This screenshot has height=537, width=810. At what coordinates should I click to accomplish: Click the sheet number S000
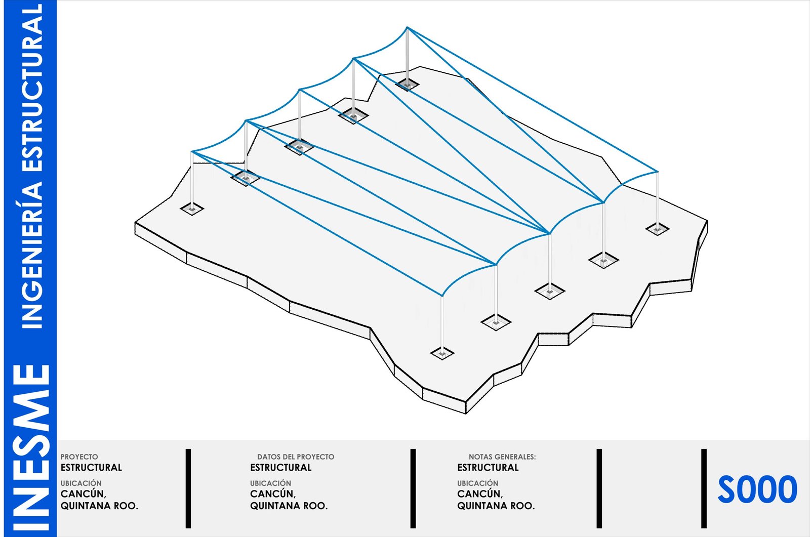(x=757, y=489)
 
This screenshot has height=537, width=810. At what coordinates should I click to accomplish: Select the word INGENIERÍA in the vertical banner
(x=31, y=255)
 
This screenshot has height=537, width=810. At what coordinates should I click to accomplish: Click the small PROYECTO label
(x=79, y=457)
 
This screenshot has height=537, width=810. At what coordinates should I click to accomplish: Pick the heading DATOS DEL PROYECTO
(x=296, y=457)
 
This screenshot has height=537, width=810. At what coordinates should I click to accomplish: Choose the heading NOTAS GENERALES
(x=502, y=457)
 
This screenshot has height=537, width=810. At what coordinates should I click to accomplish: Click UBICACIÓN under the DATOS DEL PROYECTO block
(x=270, y=483)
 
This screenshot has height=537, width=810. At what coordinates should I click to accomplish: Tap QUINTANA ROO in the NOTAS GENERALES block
(x=496, y=506)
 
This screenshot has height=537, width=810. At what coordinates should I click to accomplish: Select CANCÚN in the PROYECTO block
(x=83, y=494)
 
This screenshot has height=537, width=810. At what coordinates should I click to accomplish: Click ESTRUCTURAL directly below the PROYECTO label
(x=91, y=468)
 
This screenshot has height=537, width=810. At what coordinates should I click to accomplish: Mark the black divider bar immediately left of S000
(x=704, y=488)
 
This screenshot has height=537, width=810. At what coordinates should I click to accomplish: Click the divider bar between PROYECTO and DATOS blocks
(x=188, y=488)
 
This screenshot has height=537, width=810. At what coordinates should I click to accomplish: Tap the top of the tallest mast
(x=407, y=27)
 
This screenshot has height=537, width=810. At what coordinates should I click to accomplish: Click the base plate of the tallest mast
(x=407, y=85)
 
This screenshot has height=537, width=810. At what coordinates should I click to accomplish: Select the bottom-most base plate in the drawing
(x=442, y=353)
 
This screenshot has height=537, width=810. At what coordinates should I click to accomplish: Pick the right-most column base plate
(x=657, y=229)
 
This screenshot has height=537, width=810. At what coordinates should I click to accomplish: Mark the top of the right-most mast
(x=657, y=172)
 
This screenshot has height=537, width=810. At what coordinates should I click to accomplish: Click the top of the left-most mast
(x=192, y=151)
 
